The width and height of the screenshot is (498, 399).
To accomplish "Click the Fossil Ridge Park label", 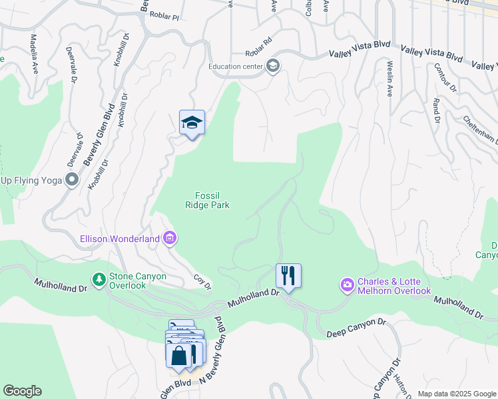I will pos(207,200).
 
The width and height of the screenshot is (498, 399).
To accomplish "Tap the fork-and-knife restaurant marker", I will pos(288,275).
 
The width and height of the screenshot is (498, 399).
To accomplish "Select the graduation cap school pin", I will pos(192,123).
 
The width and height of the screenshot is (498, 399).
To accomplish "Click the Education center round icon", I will pos(272,66).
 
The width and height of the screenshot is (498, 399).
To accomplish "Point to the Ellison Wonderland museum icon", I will pos(170,238).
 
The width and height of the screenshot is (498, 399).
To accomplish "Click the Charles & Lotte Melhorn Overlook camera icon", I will pos(347,285).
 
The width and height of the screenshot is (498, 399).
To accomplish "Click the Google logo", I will pos(22,391).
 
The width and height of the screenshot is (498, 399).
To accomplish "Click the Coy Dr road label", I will pos(202,283).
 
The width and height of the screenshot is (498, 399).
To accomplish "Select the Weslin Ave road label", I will pos(389,79).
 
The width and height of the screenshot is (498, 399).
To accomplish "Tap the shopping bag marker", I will pos(179,356).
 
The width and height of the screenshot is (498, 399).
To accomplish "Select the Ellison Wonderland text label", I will pos(120,238).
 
